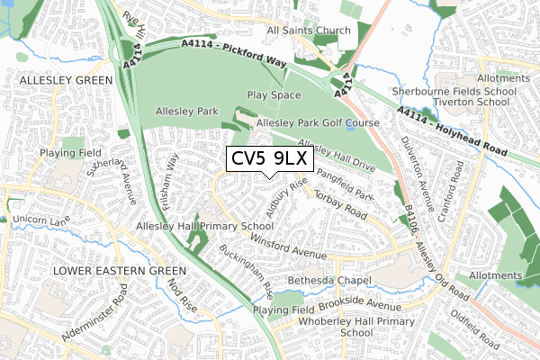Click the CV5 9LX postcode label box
(269, 158)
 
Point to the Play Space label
(274, 94)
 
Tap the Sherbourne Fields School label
(460, 91)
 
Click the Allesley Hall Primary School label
(204, 226)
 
